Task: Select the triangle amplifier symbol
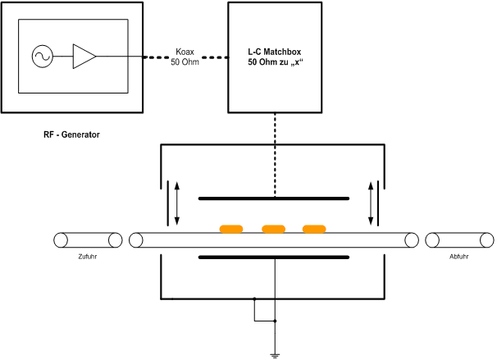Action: tap(83, 57)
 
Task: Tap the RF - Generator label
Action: tap(71, 134)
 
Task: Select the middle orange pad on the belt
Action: tap(272, 229)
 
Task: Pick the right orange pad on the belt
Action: tap(314, 229)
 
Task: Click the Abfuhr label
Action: tap(459, 256)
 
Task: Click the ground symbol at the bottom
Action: tap(274, 355)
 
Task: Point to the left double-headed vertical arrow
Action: tap(177, 203)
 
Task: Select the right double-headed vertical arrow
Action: tap(372, 203)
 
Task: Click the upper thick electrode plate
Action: tap(274, 198)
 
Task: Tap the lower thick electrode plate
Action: tap(274, 257)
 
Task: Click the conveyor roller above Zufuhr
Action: tap(88, 240)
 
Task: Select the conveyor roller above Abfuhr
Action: tap(460, 240)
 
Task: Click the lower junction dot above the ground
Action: tap(274, 321)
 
